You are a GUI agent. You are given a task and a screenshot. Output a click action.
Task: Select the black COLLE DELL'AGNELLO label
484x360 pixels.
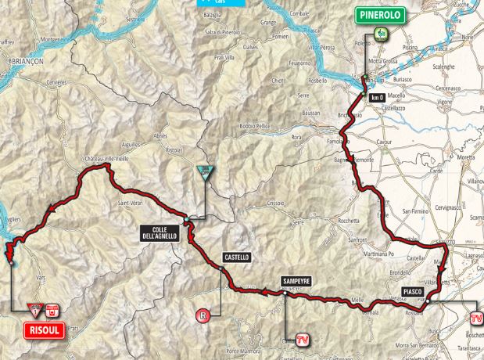point(160,232)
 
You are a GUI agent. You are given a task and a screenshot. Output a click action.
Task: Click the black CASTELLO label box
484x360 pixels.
point(235,257)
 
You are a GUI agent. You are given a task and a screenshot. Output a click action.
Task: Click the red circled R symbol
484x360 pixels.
point(203,316)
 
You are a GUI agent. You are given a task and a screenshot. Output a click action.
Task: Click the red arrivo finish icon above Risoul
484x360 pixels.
point(52,308)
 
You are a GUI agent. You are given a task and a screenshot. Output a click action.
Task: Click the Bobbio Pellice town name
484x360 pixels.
point(258,126)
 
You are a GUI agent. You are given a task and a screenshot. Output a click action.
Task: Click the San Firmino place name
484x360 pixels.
point(418,211)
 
